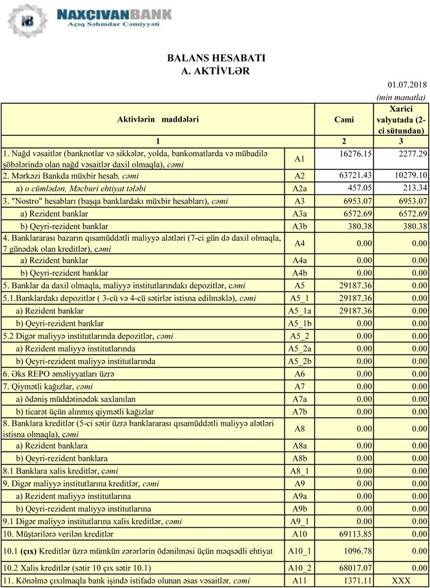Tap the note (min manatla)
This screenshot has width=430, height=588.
[401, 97]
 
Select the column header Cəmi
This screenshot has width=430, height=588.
[344, 120]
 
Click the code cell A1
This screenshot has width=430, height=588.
[300, 159]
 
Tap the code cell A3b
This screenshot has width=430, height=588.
[300, 226]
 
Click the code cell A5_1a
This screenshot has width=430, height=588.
[300, 311]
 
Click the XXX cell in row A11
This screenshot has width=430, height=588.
[402, 581]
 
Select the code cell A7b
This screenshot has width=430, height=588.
[300, 411]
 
